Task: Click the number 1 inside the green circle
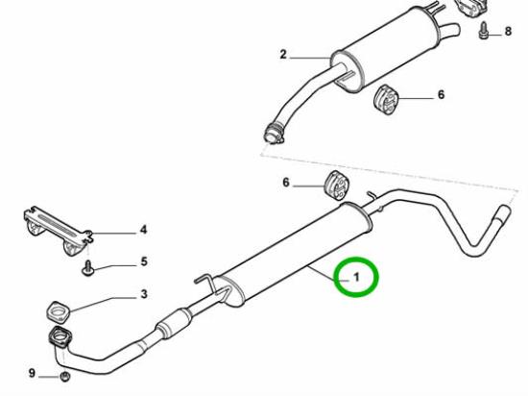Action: [x=356, y=277]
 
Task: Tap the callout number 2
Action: [x=283, y=54]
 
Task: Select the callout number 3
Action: [x=144, y=294]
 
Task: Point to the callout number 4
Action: [x=144, y=230]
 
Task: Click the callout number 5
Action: [x=144, y=261]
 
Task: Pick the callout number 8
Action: [x=508, y=32]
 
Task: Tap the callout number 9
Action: [x=32, y=373]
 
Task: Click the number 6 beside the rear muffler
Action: [x=442, y=95]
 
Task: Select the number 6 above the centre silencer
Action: [x=286, y=183]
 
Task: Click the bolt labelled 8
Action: [x=483, y=31]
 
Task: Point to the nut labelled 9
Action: [x=64, y=377]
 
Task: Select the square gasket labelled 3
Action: [x=58, y=312]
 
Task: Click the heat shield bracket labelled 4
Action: [x=58, y=230]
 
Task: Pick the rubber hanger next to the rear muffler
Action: [x=386, y=99]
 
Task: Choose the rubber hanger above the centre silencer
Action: [x=337, y=185]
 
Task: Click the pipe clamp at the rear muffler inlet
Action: [x=274, y=134]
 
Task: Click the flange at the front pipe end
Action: [x=60, y=337]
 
